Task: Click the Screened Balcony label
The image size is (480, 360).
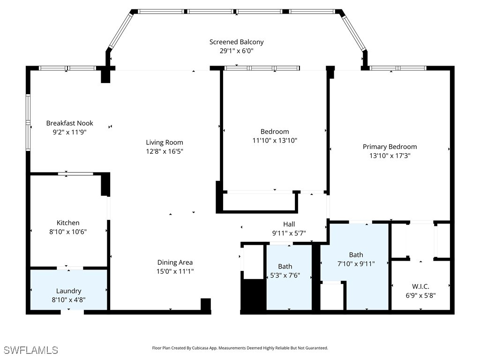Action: coord(236,42)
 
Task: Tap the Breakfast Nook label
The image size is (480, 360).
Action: coord(69,123)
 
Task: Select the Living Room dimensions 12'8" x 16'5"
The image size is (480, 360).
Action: coord(164,151)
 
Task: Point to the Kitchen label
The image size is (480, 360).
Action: coord(68,223)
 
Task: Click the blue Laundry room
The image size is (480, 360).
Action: coord(68,289)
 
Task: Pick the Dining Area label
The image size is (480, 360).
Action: coord(175,262)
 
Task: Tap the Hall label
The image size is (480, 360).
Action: coord(289,224)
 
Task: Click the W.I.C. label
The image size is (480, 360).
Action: coord(420,286)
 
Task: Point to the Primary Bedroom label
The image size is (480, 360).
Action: coord(390,147)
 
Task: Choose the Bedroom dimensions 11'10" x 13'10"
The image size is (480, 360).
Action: coord(275,140)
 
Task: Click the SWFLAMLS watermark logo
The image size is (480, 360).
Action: coord(31,350)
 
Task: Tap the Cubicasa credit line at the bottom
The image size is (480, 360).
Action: coord(240,348)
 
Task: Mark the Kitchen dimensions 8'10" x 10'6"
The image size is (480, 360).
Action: coord(68,232)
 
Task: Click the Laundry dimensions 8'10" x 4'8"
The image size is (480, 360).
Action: coord(68,300)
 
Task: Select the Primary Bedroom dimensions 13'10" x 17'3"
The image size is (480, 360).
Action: coord(390,156)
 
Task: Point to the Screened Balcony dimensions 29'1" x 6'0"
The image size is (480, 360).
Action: coord(236,51)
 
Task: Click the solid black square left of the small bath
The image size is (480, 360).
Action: coord(253,294)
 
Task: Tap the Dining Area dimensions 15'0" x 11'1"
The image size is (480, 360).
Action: coord(175,271)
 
